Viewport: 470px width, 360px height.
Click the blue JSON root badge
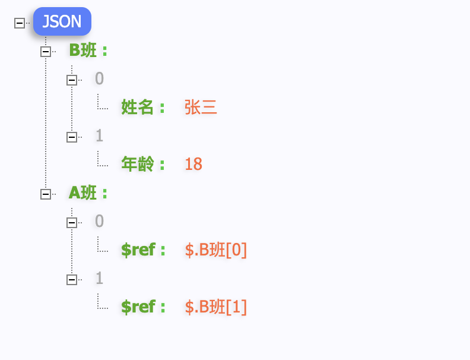tap(62, 21)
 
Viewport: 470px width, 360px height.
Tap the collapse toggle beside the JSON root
tap(20, 23)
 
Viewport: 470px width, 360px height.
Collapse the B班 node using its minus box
tap(46, 52)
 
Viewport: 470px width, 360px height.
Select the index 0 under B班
tap(99, 78)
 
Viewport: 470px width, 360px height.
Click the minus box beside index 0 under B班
tap(72, 80)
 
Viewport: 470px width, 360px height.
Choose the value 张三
tap(201, 107)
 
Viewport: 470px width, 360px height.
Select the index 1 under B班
tap(99, 135)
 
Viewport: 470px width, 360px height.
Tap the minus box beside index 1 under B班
tap(72, 137)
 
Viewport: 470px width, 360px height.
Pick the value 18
tap(193, 164)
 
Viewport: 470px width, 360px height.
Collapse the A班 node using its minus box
tap(46, 194)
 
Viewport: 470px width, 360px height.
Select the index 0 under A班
tap(99, 221)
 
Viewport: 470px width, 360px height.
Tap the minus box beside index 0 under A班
tap(72, 223)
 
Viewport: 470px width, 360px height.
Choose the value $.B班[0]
tap(216, 250)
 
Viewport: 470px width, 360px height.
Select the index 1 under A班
tap(99, 278)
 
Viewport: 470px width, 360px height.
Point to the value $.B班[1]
tap(216, 307)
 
